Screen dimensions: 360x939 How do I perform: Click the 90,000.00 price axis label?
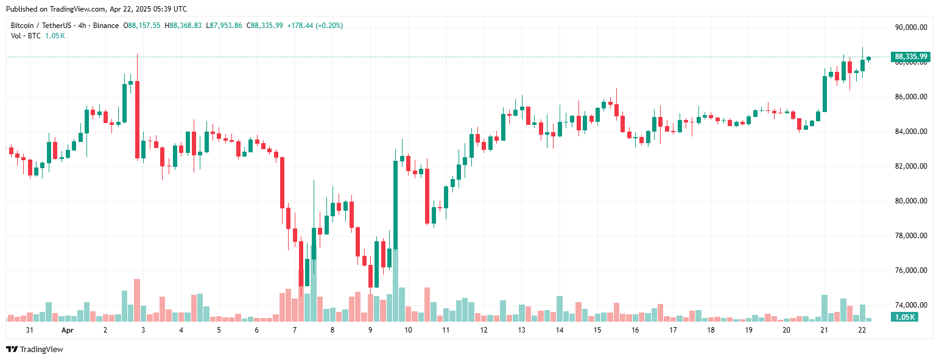click(x=910, y=27)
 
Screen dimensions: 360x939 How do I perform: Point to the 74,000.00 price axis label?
click(x=910, y=305)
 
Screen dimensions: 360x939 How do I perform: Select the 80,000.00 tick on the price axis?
click(x=910, y=201)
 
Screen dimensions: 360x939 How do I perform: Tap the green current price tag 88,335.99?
click(x=910, y=57)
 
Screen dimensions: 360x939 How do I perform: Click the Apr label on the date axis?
click(x=68, y=330)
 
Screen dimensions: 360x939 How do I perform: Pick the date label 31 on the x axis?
click(x=29, y=330)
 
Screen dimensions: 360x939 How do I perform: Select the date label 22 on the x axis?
click(x=862, y=330)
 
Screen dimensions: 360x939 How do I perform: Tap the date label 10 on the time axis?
click(x=407, y=330)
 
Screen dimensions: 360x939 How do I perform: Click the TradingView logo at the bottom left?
click(x=35, y=349)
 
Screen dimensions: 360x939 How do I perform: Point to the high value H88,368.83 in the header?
click(x=185, y=26)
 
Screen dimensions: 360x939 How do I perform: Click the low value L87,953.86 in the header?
click(x=224, y=26)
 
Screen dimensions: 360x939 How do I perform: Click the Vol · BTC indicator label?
click(x=26, y=36)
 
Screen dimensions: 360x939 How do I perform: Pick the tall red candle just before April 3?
click(x=138, y=119)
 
